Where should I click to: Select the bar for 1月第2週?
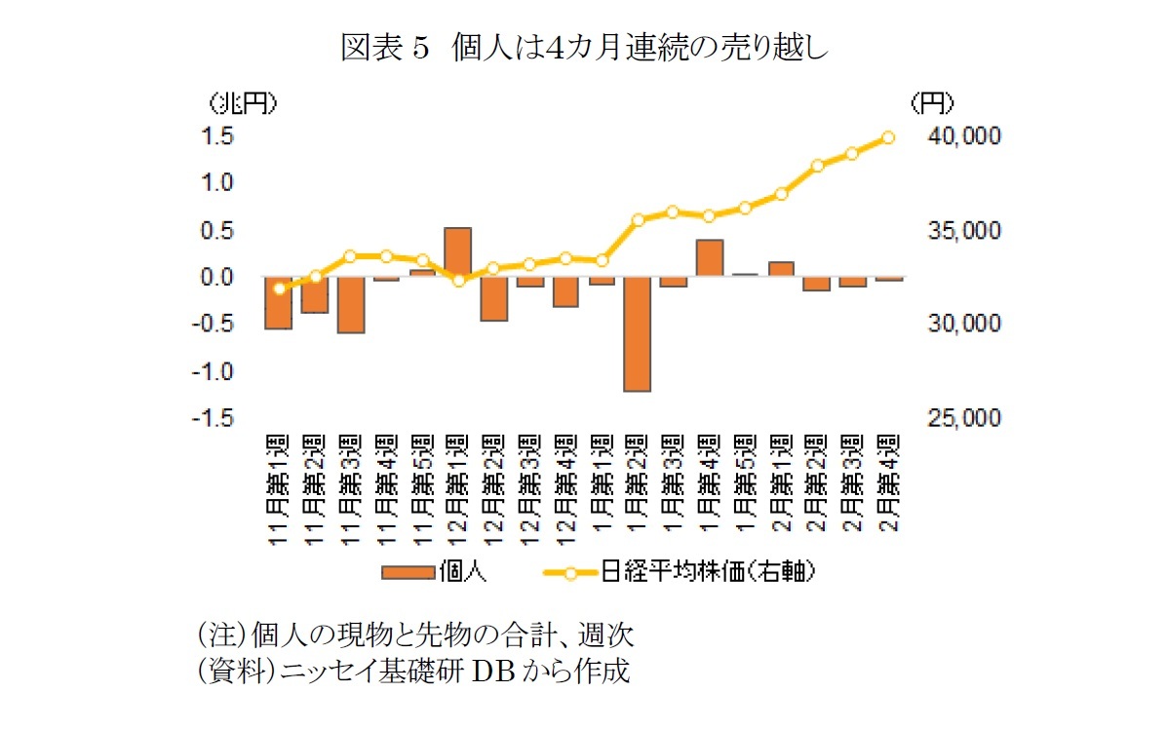[x=639, y=334]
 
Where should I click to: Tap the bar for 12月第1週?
[x=458, y=252]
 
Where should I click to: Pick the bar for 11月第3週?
[x=350, y=305]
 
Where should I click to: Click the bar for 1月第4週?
[x=710, y=258]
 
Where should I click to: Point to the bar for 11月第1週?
[x=278, y=303]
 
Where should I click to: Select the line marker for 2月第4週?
[x=888, y=137]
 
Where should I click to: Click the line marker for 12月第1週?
[x=458, y=280]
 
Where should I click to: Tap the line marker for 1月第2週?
[x=639, y=220]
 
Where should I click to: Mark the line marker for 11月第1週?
[x=280, y=288]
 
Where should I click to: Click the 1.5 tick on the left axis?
[x=219, y=136]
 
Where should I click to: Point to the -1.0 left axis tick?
[x=217, y=372]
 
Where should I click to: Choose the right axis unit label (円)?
[x=931, y=102]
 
